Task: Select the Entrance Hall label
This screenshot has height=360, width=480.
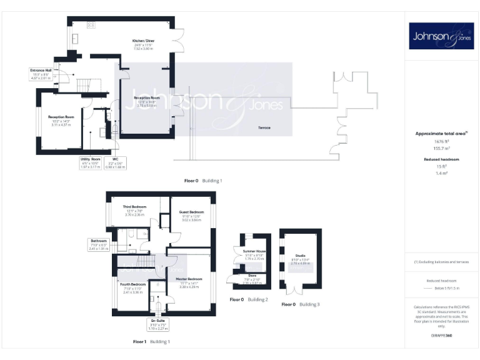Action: (x=40, y=70)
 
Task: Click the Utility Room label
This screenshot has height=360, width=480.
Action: (x=91, y=159)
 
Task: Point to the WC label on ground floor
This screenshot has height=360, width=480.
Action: (x=115, y=159)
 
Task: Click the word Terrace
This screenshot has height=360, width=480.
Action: (x=265, y=127)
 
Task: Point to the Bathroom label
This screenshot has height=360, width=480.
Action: (x=99, y=240)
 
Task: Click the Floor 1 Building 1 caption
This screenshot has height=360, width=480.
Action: (x=151, y=342)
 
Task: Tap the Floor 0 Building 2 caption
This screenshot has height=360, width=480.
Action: (x=249, y=300)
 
